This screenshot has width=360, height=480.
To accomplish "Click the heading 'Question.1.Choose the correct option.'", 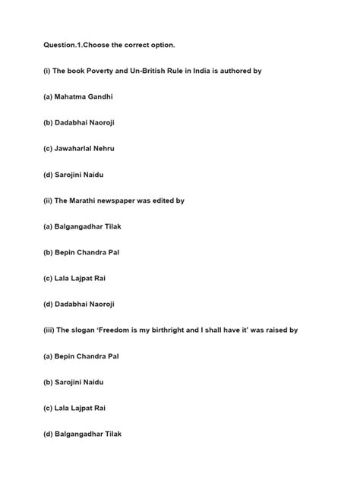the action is point(109,44).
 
